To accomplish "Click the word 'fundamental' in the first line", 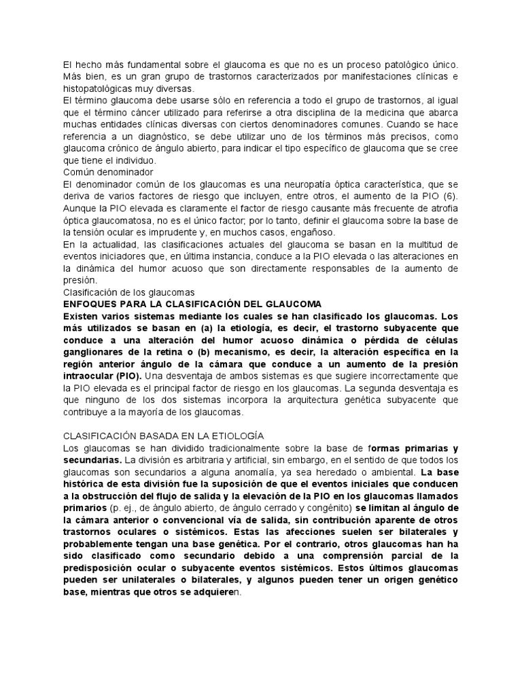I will (137, 63).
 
